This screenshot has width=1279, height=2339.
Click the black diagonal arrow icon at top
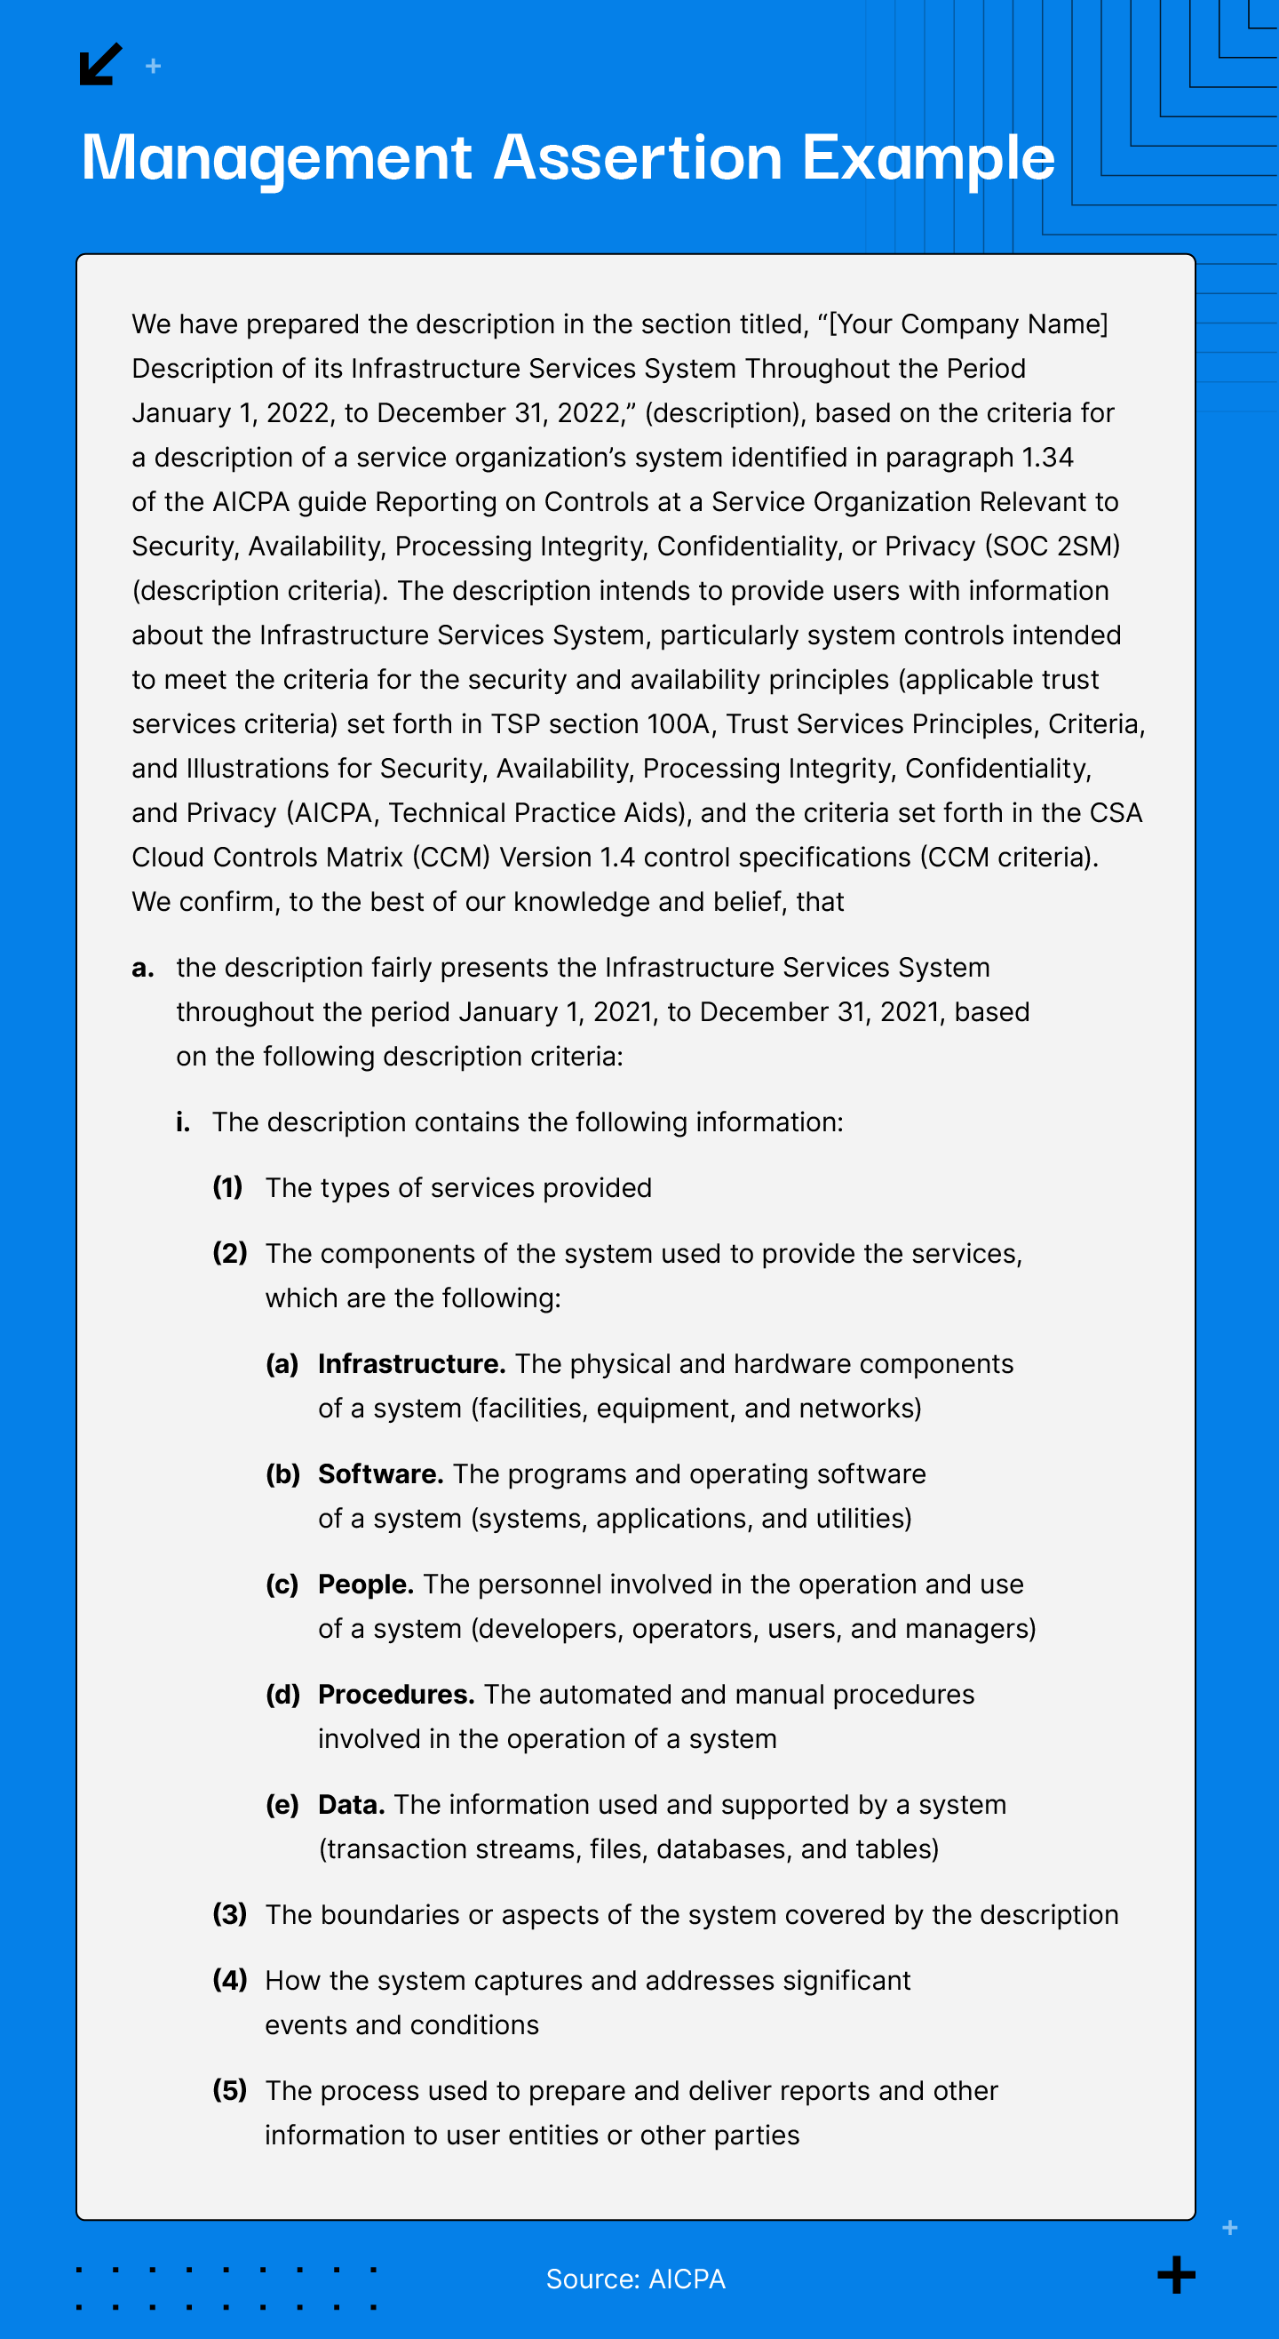coord(99,64)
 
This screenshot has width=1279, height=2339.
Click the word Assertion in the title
coord(637,158)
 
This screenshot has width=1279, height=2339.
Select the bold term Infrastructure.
coord(411,1364)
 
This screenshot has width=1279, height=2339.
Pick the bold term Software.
coord(380,1473)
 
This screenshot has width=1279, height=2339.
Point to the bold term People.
coord(366,1585)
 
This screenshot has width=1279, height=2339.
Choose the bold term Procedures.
coord(396,1695)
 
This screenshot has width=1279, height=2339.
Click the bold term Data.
coord(352,1804)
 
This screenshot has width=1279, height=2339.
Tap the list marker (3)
coord(230,1914)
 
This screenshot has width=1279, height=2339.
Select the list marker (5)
coord(230,2090)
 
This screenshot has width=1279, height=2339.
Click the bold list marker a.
coord(142,968)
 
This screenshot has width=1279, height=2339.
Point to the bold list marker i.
coord(183,1122)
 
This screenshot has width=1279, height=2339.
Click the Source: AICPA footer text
coord(635,2279)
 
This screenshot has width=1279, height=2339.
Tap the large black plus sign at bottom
coord(1177,2274)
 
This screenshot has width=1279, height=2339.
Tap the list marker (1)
coord(228,1187)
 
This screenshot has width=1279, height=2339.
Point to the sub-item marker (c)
coord(282,1585)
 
